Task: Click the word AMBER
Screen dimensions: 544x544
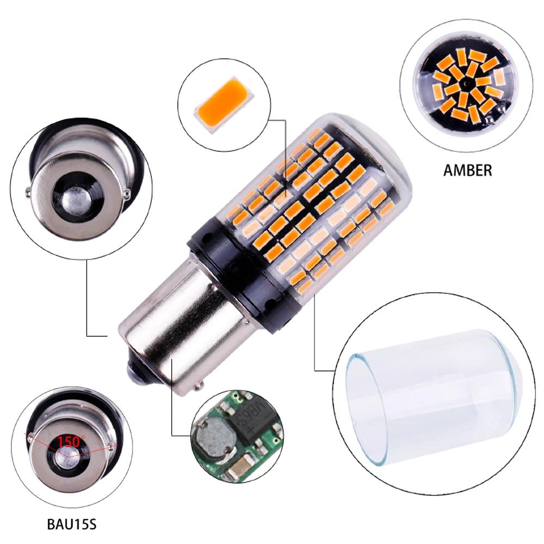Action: (x=467, y=170)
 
